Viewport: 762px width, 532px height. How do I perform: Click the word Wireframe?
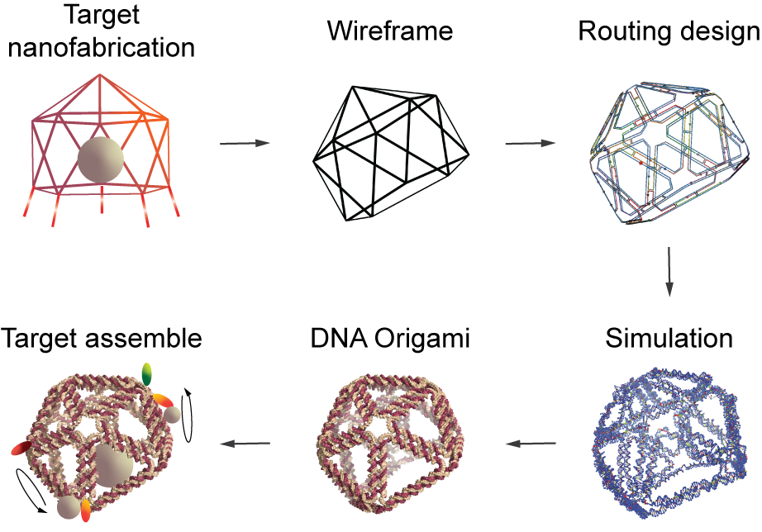click(390, 31)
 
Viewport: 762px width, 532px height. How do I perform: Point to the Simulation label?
click(669, 339)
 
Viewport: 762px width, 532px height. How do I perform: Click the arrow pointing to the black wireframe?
click(245, 144)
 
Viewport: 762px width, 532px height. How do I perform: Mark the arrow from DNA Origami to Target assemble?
click(246, 444)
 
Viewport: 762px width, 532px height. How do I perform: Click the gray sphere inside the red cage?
click(101, 160)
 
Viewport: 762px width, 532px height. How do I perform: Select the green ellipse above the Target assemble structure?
click(148, 373)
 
